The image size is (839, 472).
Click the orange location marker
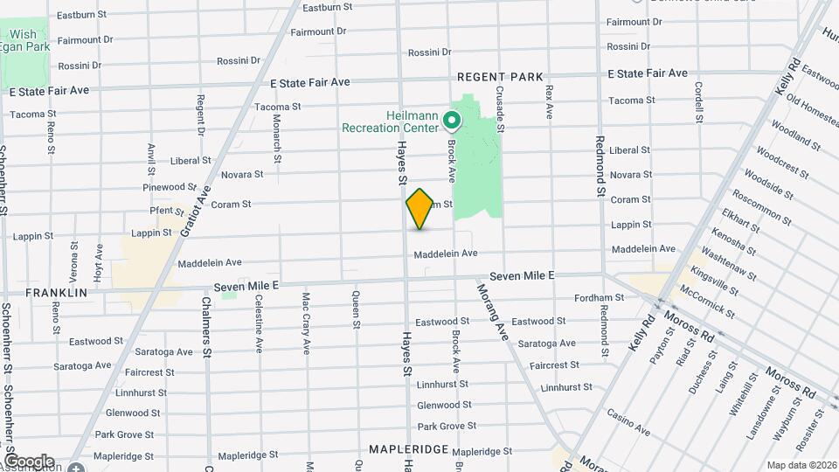coord(419,210)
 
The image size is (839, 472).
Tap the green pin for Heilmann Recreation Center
coord(453,120)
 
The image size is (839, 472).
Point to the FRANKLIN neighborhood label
coord(56,293)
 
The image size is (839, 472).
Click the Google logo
coord(28,461)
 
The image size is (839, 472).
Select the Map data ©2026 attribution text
coord(801,465)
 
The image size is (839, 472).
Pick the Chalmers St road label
coord(207,323)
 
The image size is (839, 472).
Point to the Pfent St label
coord(166,211)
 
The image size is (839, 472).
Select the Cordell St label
coord(698,102)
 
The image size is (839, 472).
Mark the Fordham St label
coord(599,298)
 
